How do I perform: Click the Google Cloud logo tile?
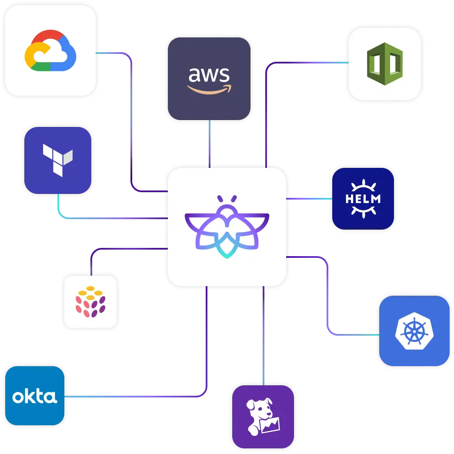pos(50,51)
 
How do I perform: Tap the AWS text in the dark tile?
pos(209,75)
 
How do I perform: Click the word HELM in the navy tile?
pos(363,199)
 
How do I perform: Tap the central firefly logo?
pos(227,226)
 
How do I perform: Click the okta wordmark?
pos(34,397)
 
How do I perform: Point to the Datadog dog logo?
pos(262,417)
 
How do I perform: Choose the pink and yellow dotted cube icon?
pos(90,300)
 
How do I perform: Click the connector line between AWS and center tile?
pos(210,144)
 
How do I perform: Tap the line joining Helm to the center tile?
pos(309,199)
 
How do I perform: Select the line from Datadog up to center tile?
pos(263,335)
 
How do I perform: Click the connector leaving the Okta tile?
pos(130,397)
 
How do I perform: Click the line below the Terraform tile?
pos(58,206)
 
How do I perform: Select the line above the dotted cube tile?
pos(91,261)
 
